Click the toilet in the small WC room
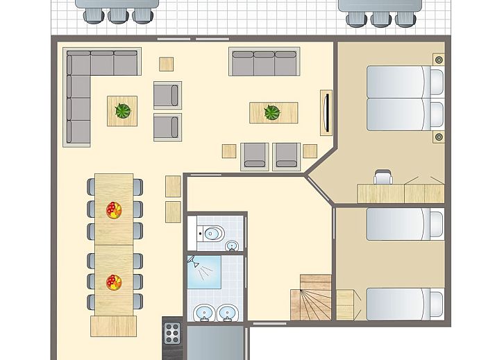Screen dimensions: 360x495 point(212,233)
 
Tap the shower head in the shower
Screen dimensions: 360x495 point(192,262)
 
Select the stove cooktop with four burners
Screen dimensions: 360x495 point(171,334)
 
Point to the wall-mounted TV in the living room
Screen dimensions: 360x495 point(324,112)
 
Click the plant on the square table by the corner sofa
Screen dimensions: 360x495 point(123,111)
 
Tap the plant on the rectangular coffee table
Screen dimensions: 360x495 point(272,112)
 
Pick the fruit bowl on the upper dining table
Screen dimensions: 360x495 point(114,209)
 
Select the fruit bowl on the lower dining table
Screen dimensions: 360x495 point(114,282)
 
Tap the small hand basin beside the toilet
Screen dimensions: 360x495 point(232,245)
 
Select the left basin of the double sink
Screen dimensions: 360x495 point(203,314)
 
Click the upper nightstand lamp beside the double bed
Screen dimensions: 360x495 point(438,60)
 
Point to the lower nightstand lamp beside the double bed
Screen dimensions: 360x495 point(438,137)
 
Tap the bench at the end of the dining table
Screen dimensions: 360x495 point(114,325)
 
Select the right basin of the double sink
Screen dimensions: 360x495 point(227,314)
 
